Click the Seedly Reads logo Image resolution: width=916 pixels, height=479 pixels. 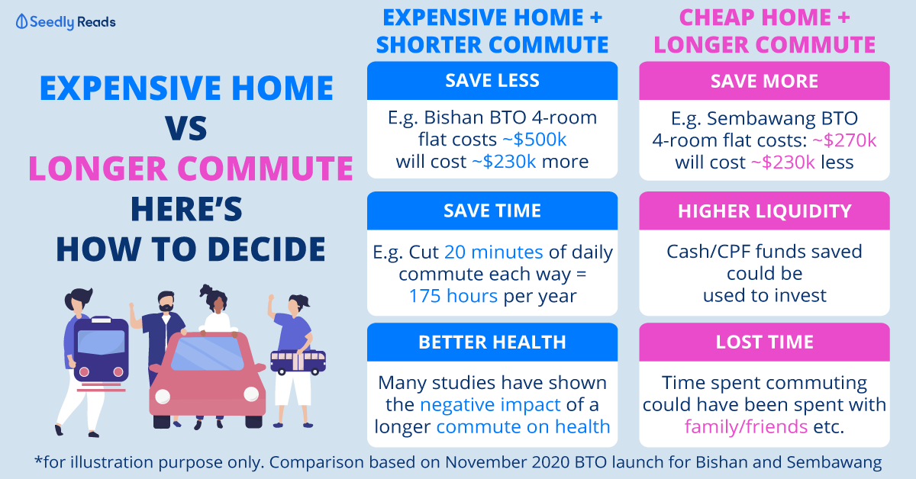66,21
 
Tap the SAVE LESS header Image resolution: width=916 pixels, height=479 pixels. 492,81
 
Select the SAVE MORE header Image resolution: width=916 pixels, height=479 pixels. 764,81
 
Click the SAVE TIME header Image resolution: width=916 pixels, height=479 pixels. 492,211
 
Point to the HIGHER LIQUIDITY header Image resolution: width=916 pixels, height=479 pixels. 764,211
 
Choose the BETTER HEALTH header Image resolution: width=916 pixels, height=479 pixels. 492,342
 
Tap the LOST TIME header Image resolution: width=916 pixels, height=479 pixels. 764,342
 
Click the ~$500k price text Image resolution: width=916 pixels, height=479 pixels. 534,140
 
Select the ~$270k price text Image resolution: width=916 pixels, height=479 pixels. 844,140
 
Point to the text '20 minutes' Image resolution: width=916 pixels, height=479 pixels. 494,252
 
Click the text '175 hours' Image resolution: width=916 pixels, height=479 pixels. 453,296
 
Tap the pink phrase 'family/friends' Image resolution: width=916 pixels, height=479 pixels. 746,426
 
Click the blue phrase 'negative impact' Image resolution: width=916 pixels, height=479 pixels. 490,405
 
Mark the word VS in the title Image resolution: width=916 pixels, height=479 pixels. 186,128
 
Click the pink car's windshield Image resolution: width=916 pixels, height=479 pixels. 208,353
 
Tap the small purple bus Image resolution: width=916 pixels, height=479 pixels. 298,362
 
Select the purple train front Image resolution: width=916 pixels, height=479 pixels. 101,349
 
